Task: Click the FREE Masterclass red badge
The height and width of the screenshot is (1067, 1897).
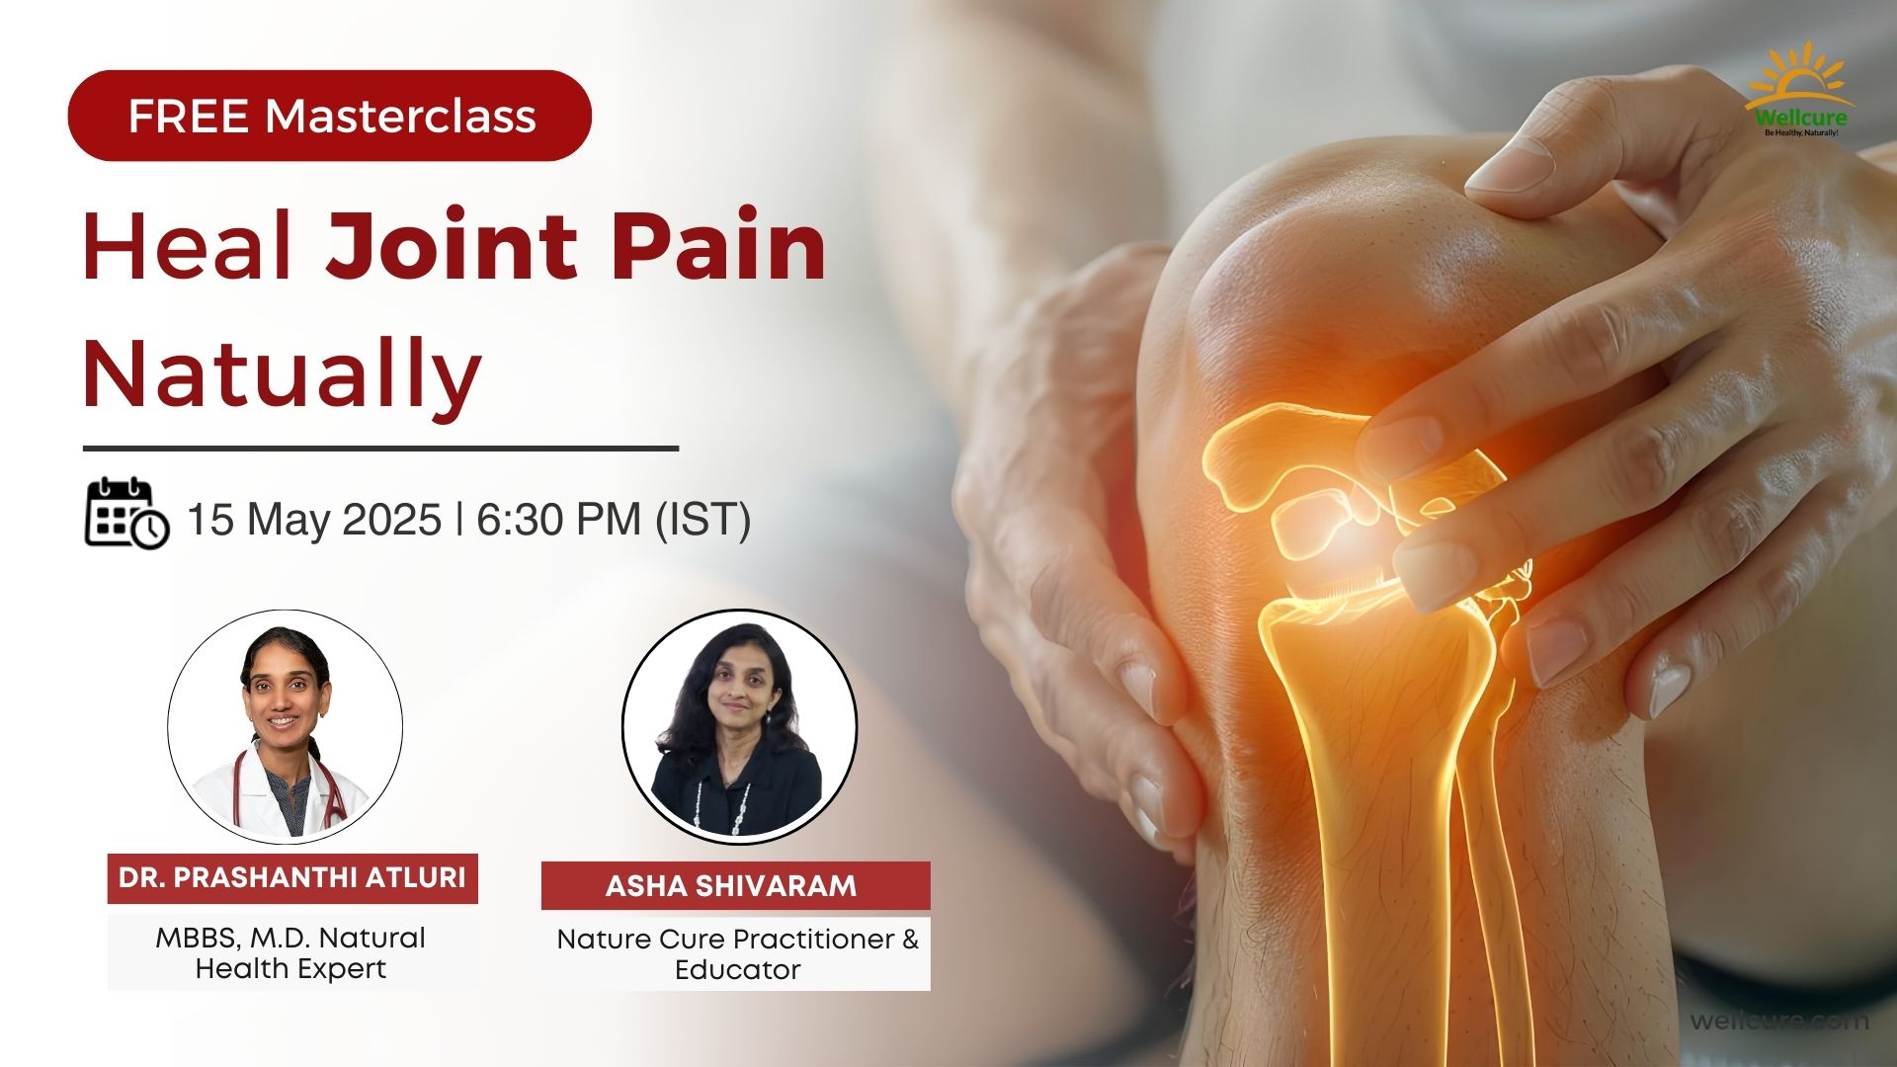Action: pyautogui.click(x=329, y=116)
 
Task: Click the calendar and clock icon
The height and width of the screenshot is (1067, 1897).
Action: pyautogui.click(x=127, y=514)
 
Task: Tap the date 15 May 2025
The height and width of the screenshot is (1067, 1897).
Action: pyautogui.click(x=314, y=520)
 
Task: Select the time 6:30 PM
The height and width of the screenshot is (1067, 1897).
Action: pyautogui.click(x=559, y=520)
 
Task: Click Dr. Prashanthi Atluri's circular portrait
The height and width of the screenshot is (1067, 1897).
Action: pyautogui.click(x=285, y=727)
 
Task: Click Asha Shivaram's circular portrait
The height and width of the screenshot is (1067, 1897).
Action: pyautogui.click(x=739, y=727)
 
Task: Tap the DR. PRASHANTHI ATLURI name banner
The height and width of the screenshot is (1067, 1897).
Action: pyautogui.click(x=292, y=878)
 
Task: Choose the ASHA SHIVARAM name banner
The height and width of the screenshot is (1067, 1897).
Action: pyautogui.click(x=736, y=885)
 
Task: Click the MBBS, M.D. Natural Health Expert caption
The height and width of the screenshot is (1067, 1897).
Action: pyautogui.click(x=290, y=952)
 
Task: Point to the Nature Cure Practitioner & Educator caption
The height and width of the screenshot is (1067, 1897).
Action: pyautogui.click(x=737, y=953)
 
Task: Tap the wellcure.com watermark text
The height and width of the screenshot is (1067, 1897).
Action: pyautogui.click(x=1779, y=1021)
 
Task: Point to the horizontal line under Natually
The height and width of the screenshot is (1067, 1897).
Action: pyautogui.click(x=380, y=448)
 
